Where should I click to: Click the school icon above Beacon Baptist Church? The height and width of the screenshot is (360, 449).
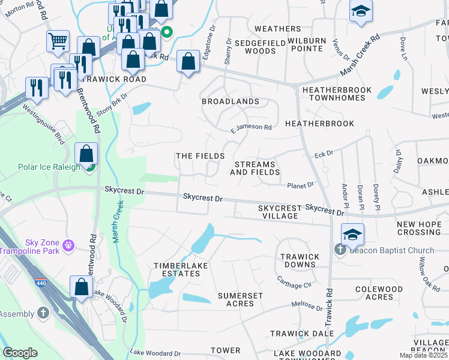(x=352, y=234)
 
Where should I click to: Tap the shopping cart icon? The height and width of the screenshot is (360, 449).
(x=58, y=41)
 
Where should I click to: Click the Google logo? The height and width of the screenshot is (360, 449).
(x=20, y=353)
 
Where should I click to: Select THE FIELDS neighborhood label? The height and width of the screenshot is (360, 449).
(x=200, y=156)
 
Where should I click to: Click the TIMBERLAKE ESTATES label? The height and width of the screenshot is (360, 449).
(x=176, y=269)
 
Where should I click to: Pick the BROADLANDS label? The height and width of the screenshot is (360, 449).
(x=231, y=101)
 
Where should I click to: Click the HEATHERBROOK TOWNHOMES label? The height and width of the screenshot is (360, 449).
(x=337, y=94)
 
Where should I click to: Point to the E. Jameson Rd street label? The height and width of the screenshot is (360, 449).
(x=251, y=128)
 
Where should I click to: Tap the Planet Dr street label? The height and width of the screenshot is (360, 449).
(x=300, y=185)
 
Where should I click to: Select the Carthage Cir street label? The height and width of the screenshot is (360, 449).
(x=294, y=281)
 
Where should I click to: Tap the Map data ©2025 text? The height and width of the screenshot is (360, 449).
(x=423, y=355)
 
